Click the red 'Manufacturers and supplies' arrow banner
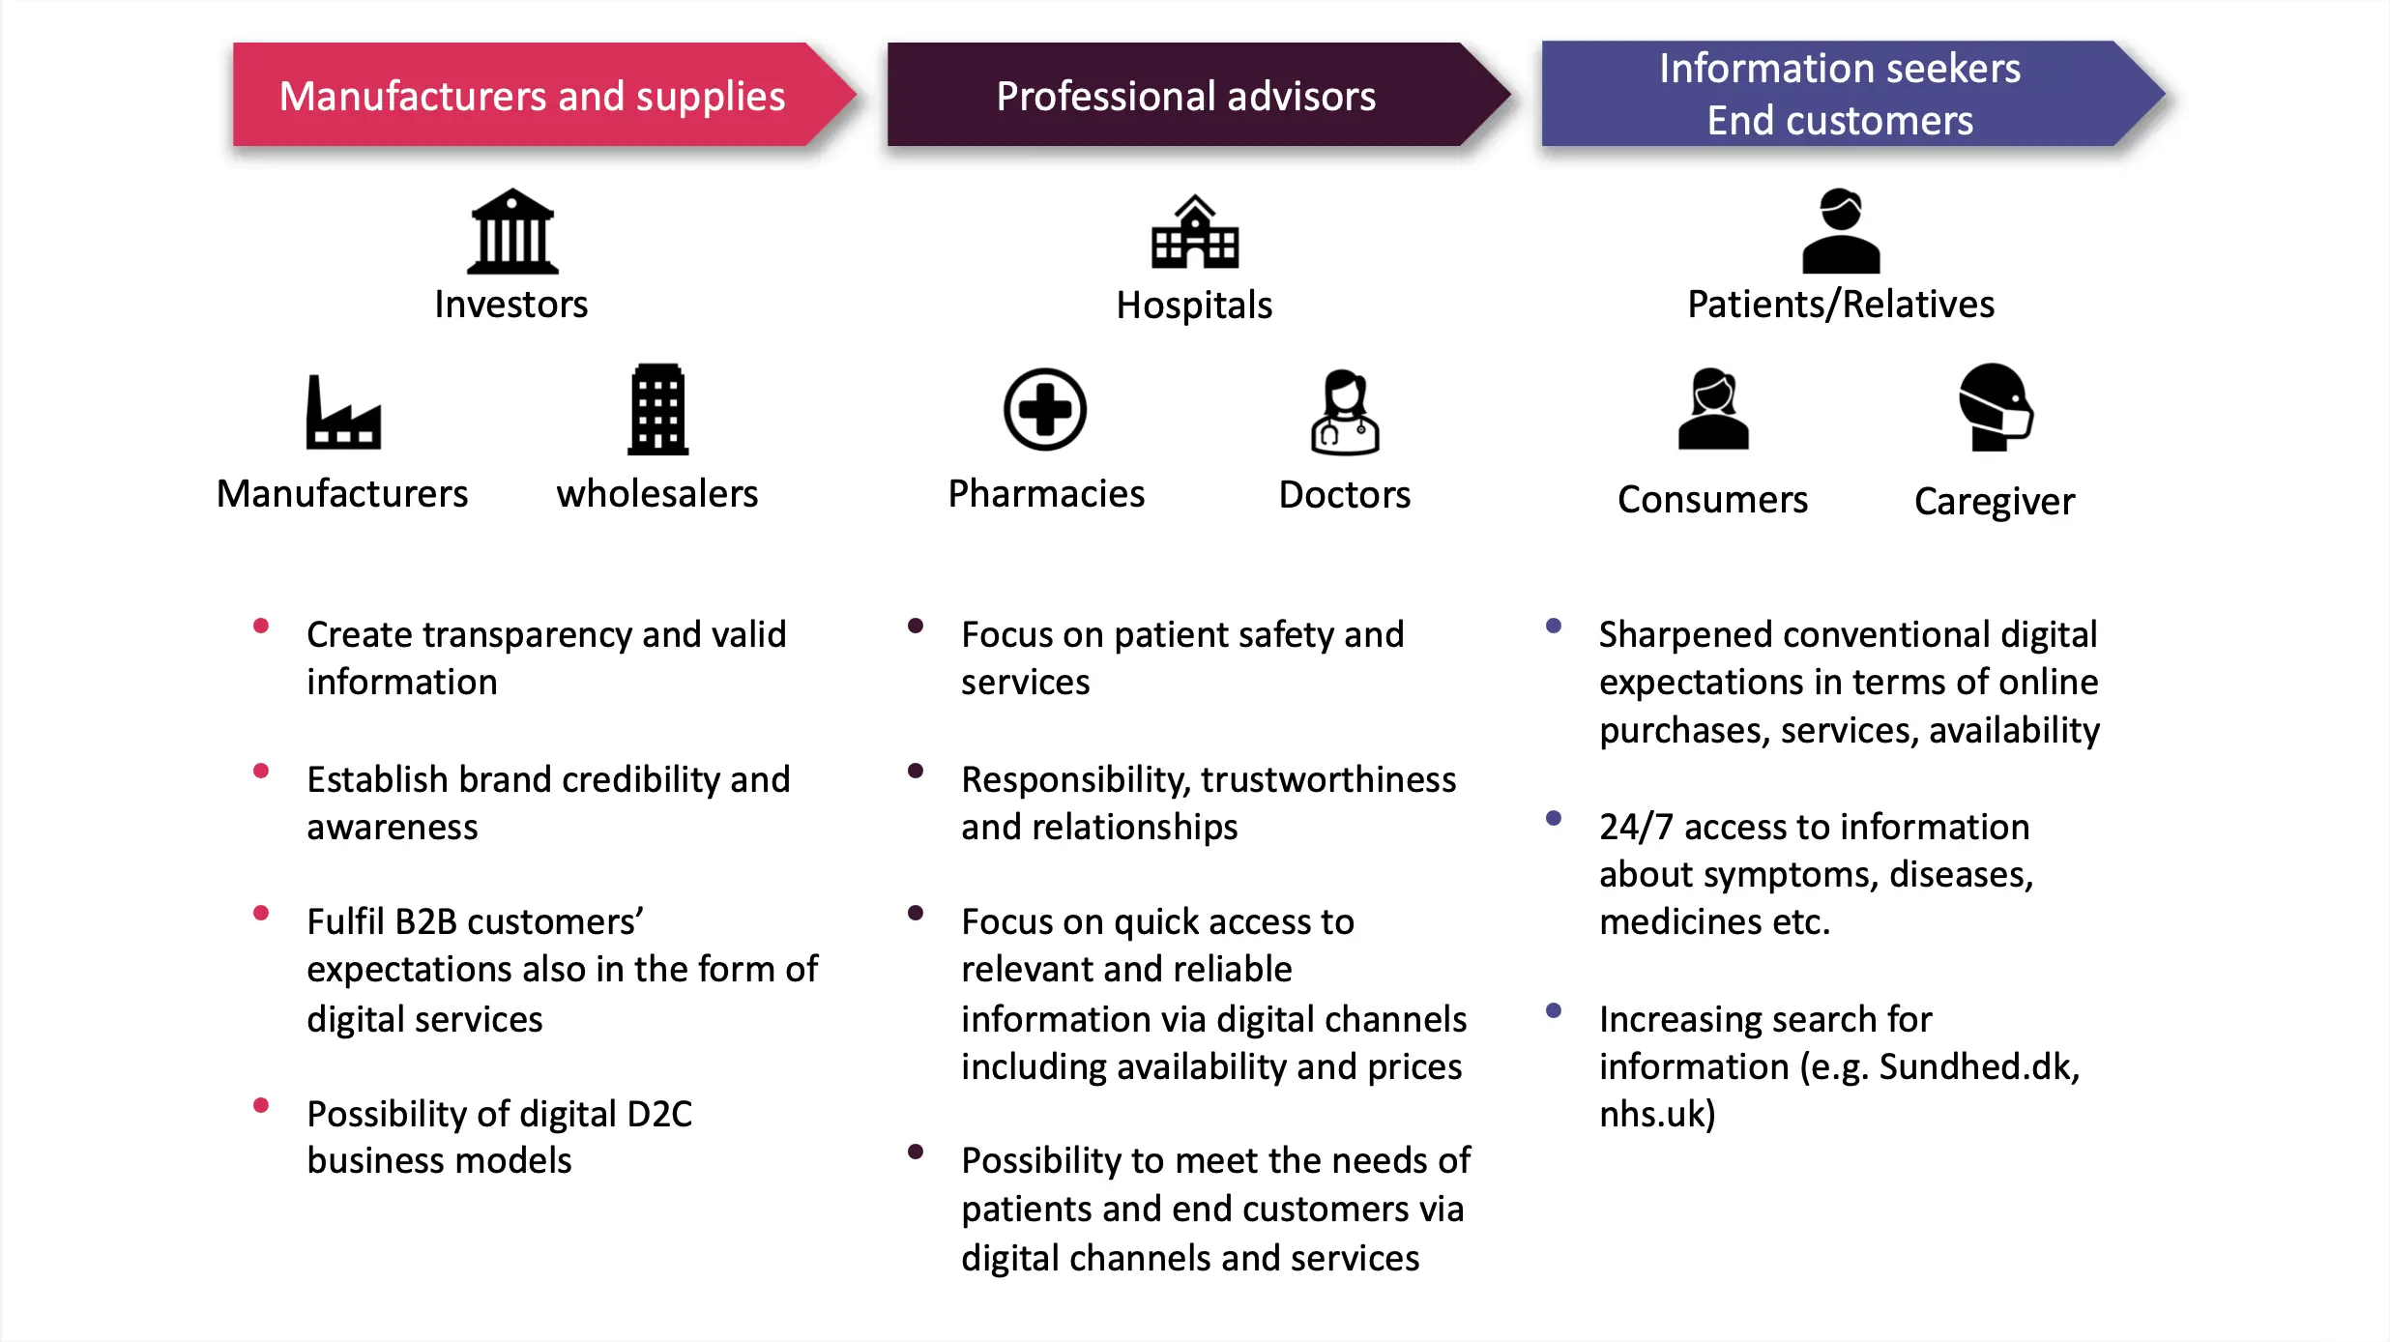(532, 95)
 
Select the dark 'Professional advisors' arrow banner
(1185, 95)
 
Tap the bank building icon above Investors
(512, 232)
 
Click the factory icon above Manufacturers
(343, 414)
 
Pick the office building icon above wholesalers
(657, 410)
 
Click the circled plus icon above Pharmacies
(1045, 410)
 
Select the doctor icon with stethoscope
(1345, 413)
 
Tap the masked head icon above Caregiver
(1995, 408)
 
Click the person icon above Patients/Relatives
(1841, 232)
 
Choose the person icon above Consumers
(1713, 410)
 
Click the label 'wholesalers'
(657, 494)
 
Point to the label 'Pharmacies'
(1046, 494)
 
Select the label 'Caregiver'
(1995, 502)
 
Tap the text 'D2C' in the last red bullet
(659, 1115)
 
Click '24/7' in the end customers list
(1635, 828)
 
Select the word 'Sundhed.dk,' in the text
(1979, 1067)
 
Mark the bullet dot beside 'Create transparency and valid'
(261, 627)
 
